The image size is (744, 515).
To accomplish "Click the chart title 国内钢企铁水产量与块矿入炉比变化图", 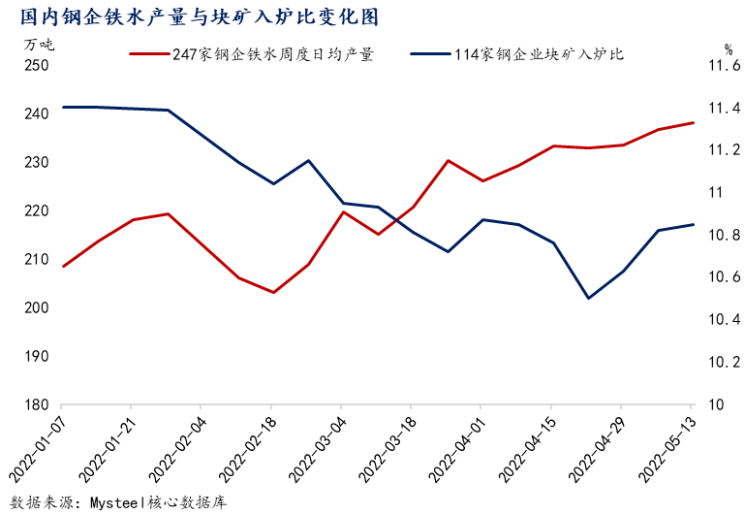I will click(193, 16).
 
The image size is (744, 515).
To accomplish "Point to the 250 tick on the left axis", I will click(37, 65).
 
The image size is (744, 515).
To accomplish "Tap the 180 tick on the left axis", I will click(37, 404).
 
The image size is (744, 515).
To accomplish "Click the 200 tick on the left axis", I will click(37, 307).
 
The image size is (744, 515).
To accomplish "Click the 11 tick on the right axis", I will click(715, 192).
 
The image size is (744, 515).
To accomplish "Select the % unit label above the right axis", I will click(728, 47).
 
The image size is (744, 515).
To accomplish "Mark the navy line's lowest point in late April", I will click(587, 298).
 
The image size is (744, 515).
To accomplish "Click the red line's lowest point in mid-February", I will click(274, 292).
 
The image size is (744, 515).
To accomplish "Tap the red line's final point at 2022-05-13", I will click(693, 123).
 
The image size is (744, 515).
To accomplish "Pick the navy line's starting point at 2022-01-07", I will click(63, 107).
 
